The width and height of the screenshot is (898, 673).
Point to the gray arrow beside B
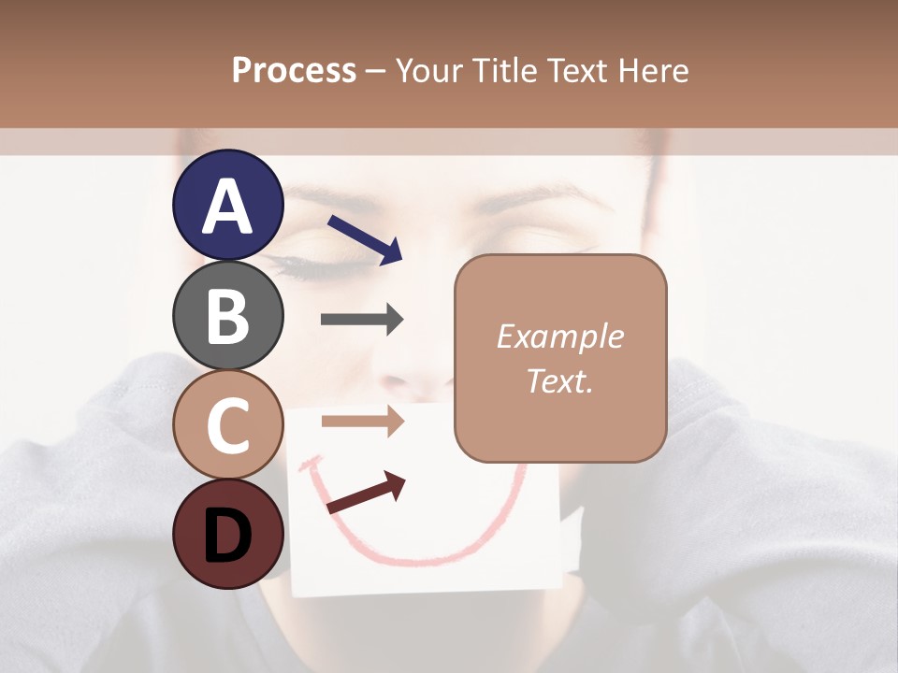click(x=362, y=320)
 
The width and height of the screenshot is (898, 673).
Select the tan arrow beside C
click(x=362, y=422)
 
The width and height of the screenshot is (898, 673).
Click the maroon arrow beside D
click(x=366, y=494)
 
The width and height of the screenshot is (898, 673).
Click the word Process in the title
click(x=294, y=70)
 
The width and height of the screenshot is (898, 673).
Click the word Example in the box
click(x=559, y=336)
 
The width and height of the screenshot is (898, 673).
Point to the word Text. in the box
click(x=559, y=380)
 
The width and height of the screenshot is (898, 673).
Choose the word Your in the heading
click(x=428, y=70)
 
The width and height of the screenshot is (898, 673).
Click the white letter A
click(x=227, y=207)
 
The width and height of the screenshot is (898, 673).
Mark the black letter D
click(x=227, y=536)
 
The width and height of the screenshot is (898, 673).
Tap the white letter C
click(x=227, y=425)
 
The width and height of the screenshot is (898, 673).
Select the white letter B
click(x=227, y=316)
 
